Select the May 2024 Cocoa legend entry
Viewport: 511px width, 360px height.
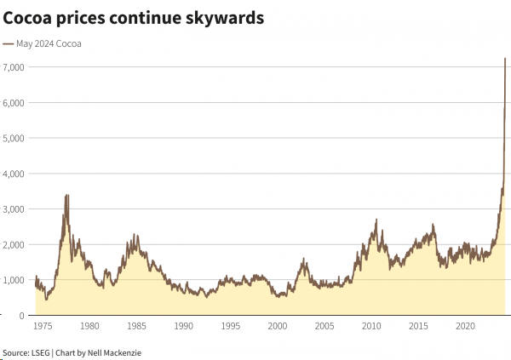[48, 43]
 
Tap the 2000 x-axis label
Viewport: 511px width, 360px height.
[277, 326]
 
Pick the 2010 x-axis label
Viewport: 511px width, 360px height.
[371, 326]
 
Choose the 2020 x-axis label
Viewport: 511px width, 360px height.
[465, 326]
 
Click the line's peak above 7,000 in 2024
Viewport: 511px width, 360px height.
[505, 59]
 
